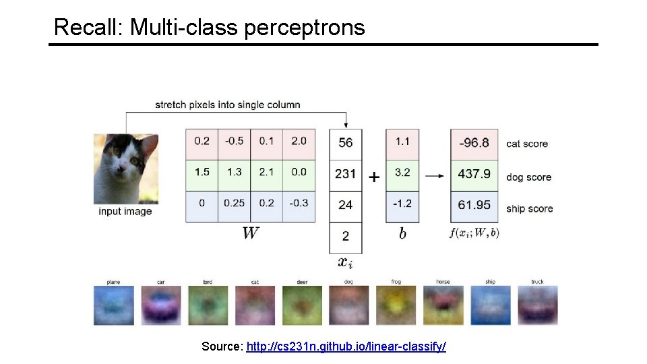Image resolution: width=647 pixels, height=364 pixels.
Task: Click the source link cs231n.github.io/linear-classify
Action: point(346,346)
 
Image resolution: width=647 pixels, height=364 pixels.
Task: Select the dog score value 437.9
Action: point(474,174)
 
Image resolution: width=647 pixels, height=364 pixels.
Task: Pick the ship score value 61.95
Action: point(474,205)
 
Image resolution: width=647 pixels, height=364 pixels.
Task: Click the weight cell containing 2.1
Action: point(266,172)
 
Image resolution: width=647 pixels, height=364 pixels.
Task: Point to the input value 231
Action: point(345,174)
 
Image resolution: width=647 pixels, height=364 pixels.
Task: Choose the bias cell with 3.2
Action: point(402,172)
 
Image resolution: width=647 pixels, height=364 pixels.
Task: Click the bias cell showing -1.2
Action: point(402,203)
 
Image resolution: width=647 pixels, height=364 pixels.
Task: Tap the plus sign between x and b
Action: point(374,177)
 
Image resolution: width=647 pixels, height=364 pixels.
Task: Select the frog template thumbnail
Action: point(396,305)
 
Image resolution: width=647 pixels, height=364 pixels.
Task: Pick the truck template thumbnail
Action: point(537,305)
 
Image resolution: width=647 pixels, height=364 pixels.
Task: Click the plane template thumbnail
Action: point(113,305)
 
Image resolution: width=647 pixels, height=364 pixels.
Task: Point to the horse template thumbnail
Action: point(443,305)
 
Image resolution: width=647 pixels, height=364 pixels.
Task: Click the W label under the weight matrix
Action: point(250,233)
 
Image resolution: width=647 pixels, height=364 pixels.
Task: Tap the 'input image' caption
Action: point(125,212)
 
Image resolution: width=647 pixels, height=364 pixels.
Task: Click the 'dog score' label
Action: point(528,177)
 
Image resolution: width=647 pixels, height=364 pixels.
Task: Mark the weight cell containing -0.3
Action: point(299,203)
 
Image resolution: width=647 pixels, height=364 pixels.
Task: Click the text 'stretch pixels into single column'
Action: point(227,104)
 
